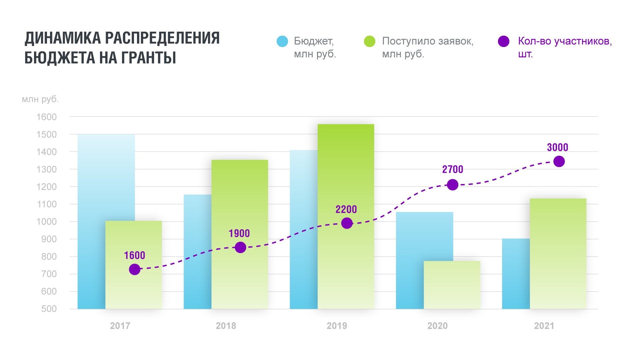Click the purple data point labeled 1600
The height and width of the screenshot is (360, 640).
pos(134,269)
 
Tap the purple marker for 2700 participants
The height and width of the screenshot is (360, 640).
pos(452,184)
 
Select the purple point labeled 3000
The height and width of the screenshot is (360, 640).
pos(559,161)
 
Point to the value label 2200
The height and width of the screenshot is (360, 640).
pos(346,209)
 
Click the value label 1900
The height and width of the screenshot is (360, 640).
pos(239,233)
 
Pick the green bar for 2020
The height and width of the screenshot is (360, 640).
pos(452,285)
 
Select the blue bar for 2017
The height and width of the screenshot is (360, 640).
pos(91,221)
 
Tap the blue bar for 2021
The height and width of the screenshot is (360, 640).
pos(516,273)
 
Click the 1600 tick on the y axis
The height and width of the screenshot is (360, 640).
pos(47,117)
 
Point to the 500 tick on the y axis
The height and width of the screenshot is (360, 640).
pos(49,309)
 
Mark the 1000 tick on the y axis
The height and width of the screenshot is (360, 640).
pos(47,222)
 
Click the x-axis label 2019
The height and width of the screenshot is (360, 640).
pos(337,326)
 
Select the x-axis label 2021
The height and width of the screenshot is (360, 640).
pos(544,326)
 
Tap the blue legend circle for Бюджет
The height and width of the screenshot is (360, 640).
pos(282,41)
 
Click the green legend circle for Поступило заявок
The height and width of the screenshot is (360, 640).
pos(370,41)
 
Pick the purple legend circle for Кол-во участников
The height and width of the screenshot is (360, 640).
pos(503,41)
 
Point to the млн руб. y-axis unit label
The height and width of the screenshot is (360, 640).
pos(40,99)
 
